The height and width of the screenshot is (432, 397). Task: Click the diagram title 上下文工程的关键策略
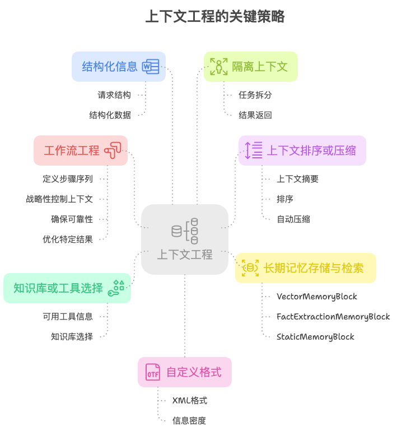click(x=215, y=17)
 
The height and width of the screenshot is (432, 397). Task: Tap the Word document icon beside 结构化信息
click(x=150, y=67)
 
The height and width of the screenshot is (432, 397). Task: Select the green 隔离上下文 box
click(x=250, y=67)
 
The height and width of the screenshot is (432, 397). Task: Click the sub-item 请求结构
click(x=114, y=95)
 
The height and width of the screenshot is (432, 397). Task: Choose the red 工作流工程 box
click(x=80, y=151)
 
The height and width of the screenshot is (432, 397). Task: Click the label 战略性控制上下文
click(x=59, y=199)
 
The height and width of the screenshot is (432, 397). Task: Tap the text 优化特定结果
click(x=68, y=240)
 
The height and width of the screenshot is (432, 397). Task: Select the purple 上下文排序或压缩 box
click(x=302, y=151)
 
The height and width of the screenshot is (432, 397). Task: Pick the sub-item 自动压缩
click(x=293, y=219)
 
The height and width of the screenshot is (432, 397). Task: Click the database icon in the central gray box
click(x=185, y=231)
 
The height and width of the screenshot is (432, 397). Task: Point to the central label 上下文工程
click(x=185, y=255)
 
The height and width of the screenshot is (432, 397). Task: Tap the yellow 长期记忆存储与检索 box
click(x=305, y=268)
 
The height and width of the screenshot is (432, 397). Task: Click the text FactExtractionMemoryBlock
click(x=333, y=317)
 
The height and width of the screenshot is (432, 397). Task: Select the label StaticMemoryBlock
click(x=315, y=337)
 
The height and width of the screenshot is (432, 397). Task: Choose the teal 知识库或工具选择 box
click(x=67, y=288)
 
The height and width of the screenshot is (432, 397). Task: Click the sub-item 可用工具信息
click(x=68, y=317)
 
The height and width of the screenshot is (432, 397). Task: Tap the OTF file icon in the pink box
click(x=153, y=372)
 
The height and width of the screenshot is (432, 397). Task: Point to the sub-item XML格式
click(x=190, y=401)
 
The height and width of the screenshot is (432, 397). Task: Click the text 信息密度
click(x=189, y=421)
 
